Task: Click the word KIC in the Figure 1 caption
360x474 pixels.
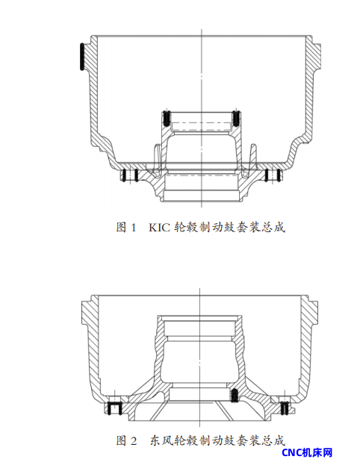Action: click(160, 227)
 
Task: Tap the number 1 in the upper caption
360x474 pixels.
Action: click(134, 227)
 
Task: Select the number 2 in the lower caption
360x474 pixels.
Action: click(134, 440)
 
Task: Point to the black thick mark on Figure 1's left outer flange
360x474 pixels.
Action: click(81, 57)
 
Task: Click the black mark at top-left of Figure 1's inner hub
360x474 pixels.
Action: click(166, 117)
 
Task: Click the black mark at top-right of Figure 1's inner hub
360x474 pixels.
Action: click(237, 117)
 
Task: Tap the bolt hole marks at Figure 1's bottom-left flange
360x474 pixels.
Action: click(130, 175)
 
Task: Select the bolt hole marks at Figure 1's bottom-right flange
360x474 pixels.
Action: click(273, 175)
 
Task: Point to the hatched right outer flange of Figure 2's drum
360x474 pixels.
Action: click(311, 311)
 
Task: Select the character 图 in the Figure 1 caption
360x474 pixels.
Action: click(121, 227)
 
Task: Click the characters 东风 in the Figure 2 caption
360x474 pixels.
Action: click(161, 440)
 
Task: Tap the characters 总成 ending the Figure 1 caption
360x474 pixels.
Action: click(274, 227)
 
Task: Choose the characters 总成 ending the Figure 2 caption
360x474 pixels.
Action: click(274, 440)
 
